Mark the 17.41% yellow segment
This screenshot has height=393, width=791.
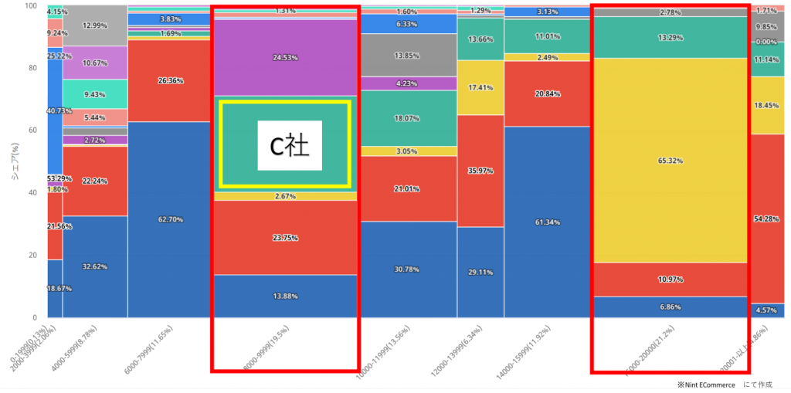pos(480,88)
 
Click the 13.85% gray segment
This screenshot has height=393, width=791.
pos(409,56)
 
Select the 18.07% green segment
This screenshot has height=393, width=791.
pos(409,118)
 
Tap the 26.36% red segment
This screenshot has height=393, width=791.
pos(170,80)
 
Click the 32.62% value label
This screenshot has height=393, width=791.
pos(95,266)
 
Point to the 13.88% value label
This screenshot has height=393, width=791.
pos(285,296)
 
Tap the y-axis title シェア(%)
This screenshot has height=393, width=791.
pos(13,162)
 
